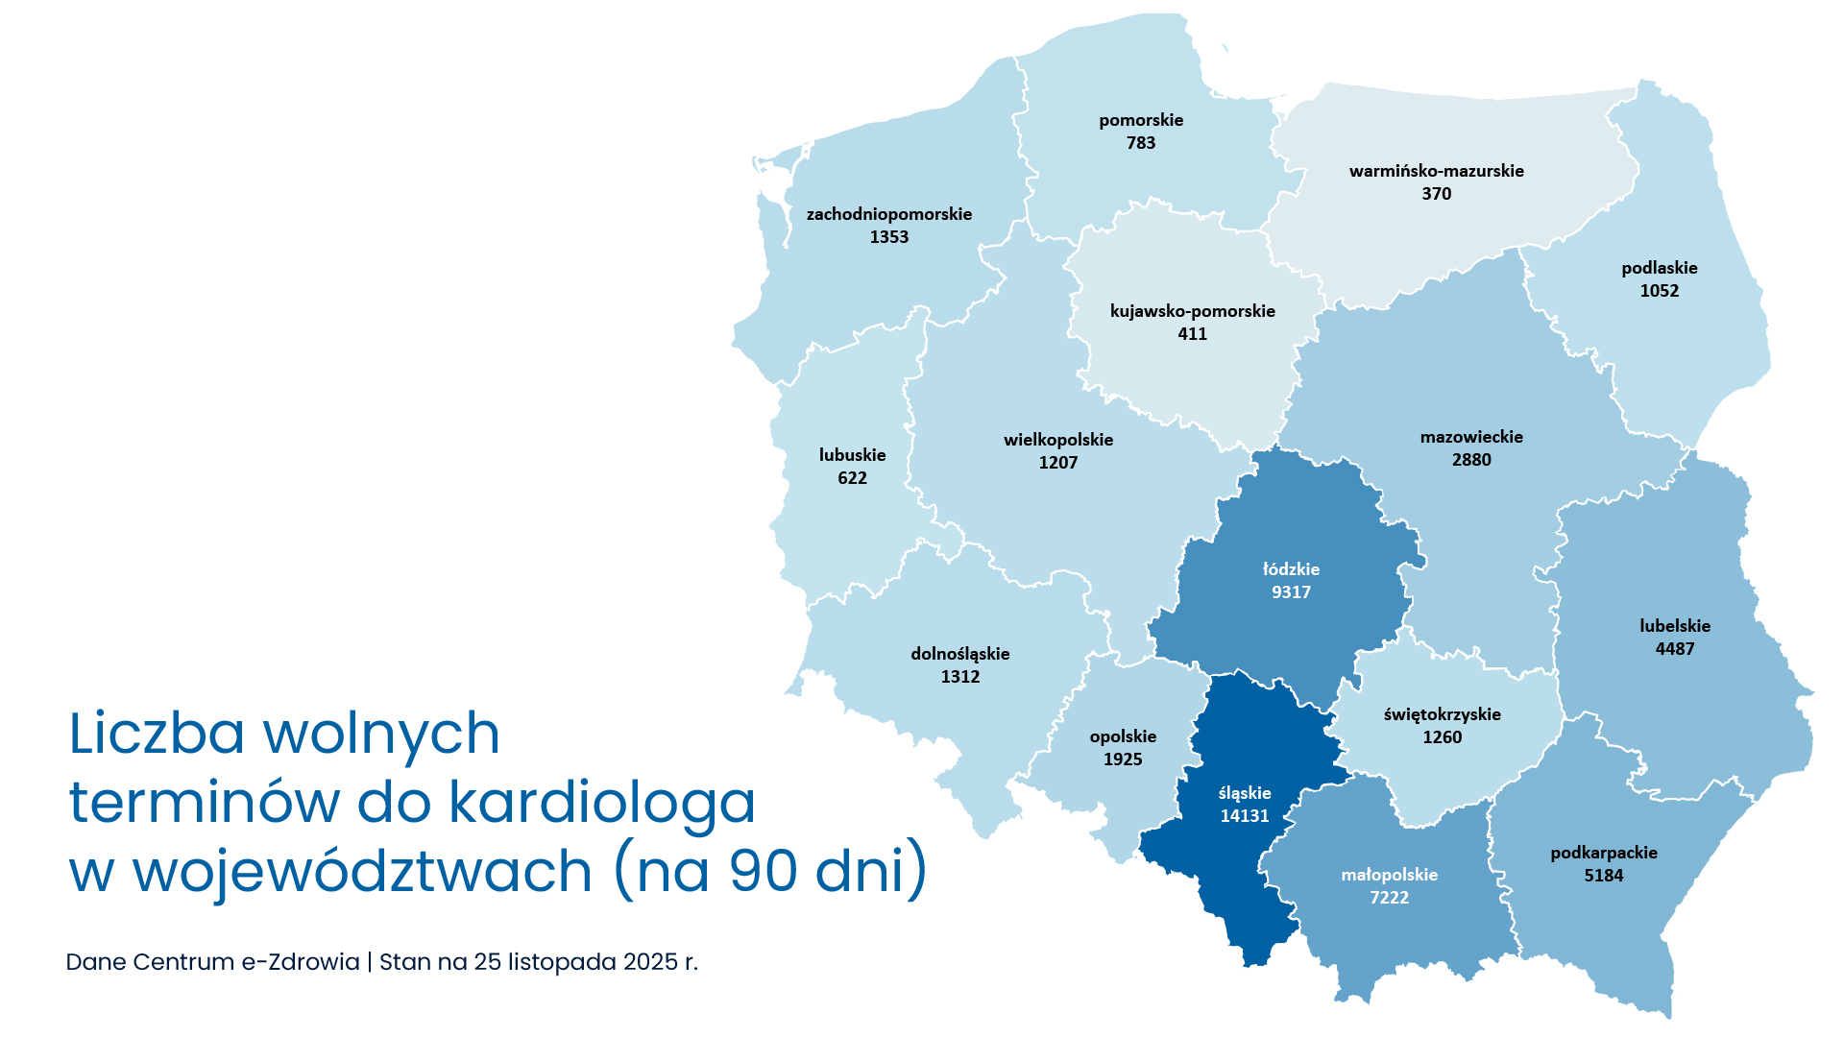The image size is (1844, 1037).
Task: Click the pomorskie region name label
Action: [1141, 120]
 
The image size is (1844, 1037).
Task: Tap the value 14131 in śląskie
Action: [1245, 816]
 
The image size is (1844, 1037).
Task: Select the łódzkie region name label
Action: [1291, 569]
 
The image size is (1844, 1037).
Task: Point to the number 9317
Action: [1291, 592]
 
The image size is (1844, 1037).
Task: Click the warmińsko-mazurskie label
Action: [1436, 171]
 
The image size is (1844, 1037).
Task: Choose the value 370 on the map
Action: [1436, 194]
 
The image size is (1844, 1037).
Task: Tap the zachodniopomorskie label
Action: [888, 214]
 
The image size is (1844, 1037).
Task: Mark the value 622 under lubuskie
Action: [852, 478]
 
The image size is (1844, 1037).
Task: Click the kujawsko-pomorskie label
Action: [1192, 311]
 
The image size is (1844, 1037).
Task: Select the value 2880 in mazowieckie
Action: [1471, 460]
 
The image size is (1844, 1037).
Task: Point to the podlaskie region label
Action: [1659, 268]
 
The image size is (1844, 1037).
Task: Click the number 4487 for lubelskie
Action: [1674, 649]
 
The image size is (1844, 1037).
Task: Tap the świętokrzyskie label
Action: [1442, 714]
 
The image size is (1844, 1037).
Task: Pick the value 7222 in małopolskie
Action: [1389, 898]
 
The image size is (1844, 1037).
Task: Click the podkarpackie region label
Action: [1603, 853]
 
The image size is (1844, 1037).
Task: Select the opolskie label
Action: [1123, 736]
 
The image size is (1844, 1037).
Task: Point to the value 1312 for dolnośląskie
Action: [959, 677]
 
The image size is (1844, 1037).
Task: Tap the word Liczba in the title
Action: [158, 734]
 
